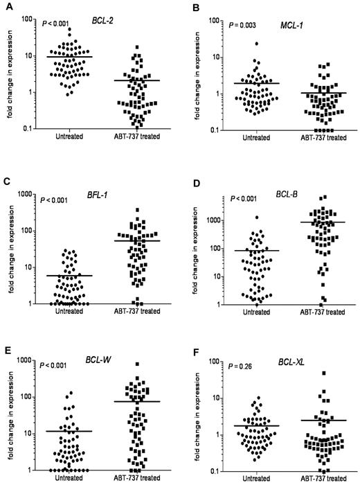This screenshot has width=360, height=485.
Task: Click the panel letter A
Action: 6,6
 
